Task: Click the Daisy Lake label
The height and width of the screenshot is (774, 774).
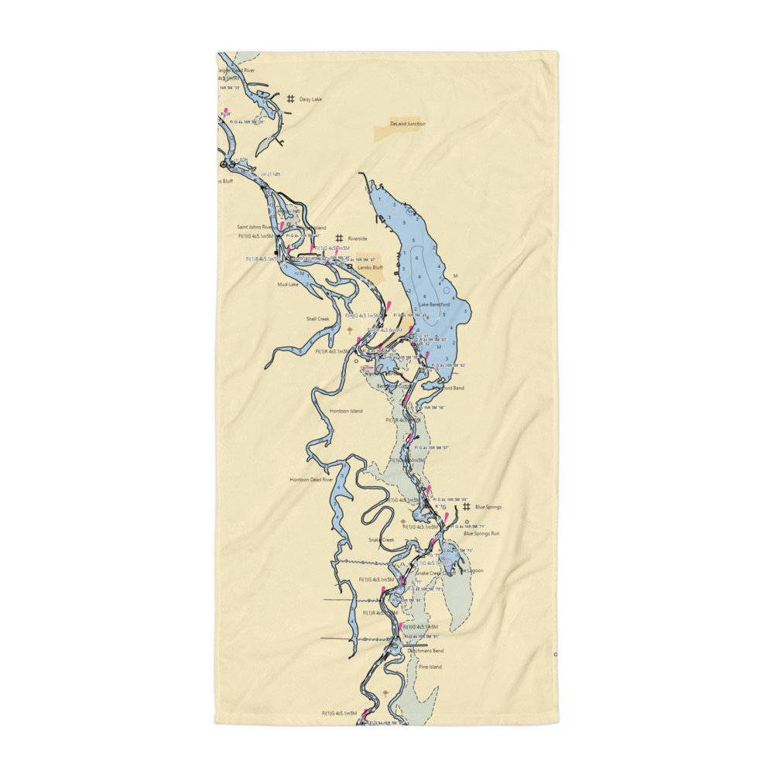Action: [310, 100]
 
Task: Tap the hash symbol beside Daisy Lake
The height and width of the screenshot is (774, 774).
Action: [290, 99]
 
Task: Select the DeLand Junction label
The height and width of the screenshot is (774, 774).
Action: [407, 124]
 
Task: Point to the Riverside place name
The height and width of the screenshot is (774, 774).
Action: [358, 239]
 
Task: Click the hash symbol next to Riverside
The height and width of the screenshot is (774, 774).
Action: [338, 238]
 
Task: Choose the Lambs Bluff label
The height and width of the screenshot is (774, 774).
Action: [370, 267]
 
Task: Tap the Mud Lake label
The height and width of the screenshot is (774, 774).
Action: [287, 284]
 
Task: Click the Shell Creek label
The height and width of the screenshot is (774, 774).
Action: [317, 318]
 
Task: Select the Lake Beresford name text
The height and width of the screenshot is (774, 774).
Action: [434, 305]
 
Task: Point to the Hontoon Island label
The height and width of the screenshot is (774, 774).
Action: [345, 411]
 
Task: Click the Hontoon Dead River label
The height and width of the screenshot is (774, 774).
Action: [310, 480]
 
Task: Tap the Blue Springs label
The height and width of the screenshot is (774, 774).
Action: [488, 507]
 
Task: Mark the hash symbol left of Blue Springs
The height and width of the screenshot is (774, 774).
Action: [467, 507]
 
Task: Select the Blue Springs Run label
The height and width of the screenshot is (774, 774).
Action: [481, 534]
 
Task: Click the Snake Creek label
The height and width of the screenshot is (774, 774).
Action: [381, 539]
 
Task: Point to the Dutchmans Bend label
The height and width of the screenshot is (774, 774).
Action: [426, 651]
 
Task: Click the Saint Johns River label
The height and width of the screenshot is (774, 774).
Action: [255, 228]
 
